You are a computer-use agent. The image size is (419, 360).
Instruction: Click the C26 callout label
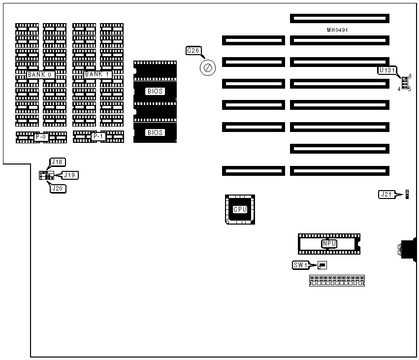point(193,50)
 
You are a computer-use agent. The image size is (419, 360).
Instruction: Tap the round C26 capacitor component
point(207,67)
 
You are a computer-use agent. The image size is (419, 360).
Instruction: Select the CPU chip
point(240,209)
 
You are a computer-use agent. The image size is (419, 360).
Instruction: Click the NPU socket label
point(328,243)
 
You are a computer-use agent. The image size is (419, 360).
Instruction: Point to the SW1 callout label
point(300,265)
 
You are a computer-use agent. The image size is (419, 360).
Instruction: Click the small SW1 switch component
point(322,265)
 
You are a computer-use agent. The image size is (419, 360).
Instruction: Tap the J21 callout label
point(386,194)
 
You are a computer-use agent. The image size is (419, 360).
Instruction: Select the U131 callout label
point(387,70)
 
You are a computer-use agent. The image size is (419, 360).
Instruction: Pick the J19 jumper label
point(70,175)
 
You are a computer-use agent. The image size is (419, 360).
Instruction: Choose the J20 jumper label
point(58,188)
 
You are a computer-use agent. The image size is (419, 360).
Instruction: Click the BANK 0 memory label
point(40,74)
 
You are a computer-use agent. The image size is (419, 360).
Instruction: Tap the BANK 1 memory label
point(97,74)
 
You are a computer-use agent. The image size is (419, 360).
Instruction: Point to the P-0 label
point(41,136)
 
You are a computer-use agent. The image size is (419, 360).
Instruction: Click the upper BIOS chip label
point(155,91)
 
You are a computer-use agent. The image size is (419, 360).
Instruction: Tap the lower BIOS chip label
point(155,132)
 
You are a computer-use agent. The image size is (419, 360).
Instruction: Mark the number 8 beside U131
point(410,76)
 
